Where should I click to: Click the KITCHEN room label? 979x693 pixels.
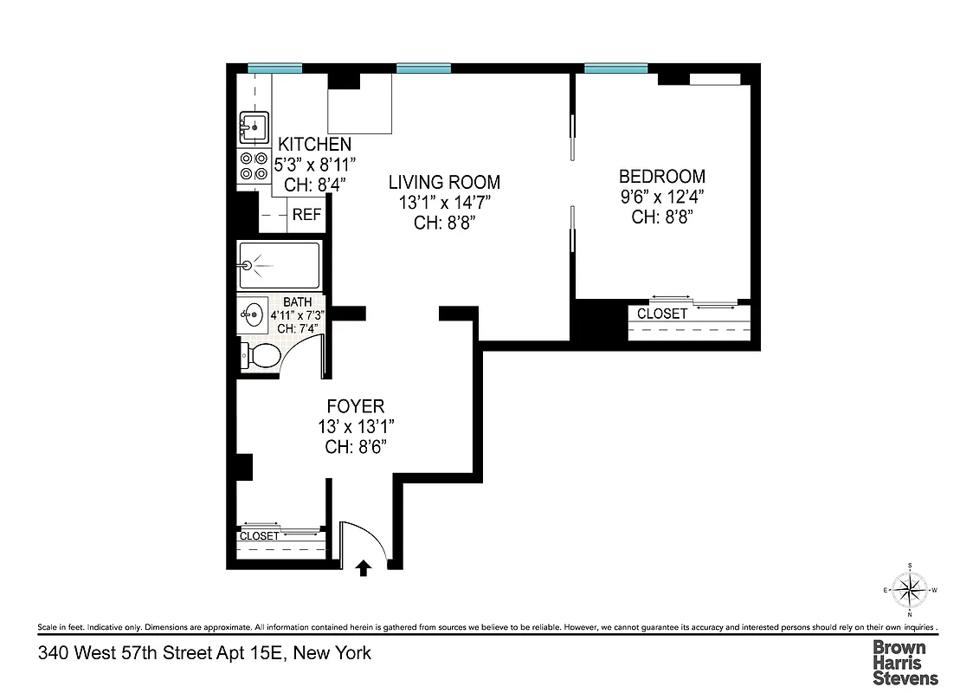point(314,145)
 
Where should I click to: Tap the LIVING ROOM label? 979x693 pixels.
point(444,182)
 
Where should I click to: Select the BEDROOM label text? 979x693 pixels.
point(662,177)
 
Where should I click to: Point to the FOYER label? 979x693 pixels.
point(355,405)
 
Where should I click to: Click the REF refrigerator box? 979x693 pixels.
point(306,215)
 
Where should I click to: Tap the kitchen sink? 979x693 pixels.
point(254,127)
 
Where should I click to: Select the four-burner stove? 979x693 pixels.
point(254,166)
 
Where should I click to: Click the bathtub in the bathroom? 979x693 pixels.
point(279,265)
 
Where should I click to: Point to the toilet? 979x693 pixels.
point(261,355)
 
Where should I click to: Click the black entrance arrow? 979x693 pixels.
point(364,567)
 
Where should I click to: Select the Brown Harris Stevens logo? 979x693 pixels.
point(905,663)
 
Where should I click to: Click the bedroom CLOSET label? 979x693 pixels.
point(662,314)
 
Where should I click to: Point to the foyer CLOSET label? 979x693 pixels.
point(260,536)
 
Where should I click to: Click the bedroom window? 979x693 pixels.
point(615,68)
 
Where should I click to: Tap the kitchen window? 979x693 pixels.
point(274,68)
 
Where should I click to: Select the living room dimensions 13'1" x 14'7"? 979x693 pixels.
point(444,202)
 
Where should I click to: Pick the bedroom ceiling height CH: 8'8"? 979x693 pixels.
point(662,217)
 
